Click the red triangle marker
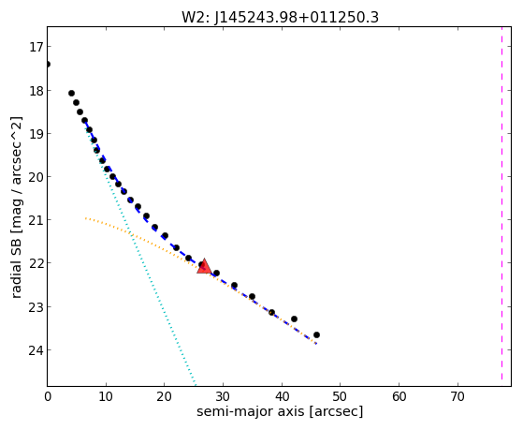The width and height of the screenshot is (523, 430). click(x=204, y=266)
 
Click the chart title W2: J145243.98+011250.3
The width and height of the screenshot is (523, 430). click(x=280, y=17)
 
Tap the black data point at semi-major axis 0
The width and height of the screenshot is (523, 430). click(x=48, y=64)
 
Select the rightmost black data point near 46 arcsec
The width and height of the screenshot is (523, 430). click(x=316, y=334)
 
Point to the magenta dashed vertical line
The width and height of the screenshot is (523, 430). click(x=501, y=203)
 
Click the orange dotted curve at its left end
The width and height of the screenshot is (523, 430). click(x=86, y=218)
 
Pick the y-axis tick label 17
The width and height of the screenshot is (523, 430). click(x=36, y=47)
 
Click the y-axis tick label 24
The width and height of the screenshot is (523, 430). click(x=36, y=350)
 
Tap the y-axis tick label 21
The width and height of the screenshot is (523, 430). click(x=36, y=220)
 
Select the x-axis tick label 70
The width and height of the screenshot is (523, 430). click(x=458, y=397)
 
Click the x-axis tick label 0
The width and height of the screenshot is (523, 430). click(x=48, y=397)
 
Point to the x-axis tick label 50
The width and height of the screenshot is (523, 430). click(x=341, y=397)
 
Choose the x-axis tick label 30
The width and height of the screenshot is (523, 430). click(x=224, y=397)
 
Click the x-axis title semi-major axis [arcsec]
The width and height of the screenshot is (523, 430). click(x=280, y=411)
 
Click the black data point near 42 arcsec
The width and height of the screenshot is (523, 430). click(x=294, y=319)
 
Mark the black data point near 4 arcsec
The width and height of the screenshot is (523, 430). click(x=71, y=94)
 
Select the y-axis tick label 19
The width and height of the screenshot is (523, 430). click(x=36, y=134)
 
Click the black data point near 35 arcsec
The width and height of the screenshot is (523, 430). click(x=253, y=296)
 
